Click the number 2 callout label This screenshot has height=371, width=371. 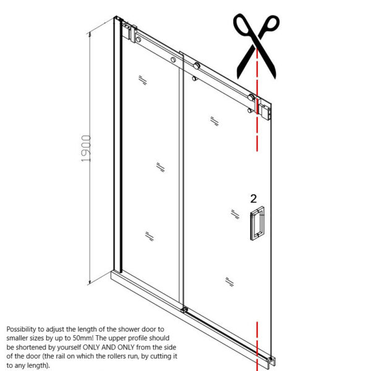[x=254, y=198]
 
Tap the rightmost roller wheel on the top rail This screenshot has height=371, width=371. [x=250, y=96]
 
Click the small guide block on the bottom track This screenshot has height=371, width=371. [x=184, y=310]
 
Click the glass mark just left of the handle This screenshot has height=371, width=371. [x=234, y=214]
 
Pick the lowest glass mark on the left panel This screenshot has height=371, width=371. [x=148, y=235]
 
